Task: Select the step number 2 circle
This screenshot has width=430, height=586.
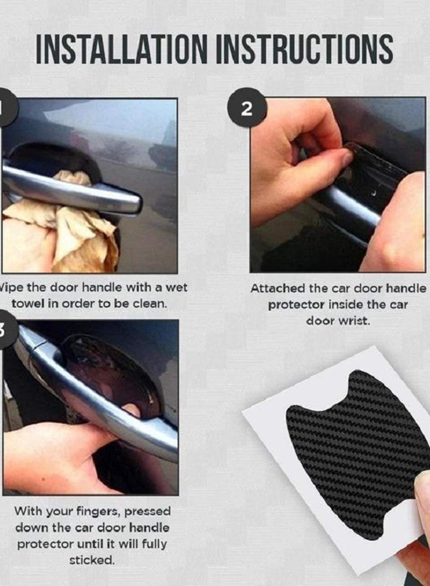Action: click(246, 109)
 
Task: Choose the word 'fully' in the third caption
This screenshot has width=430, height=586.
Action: click(154, 544)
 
